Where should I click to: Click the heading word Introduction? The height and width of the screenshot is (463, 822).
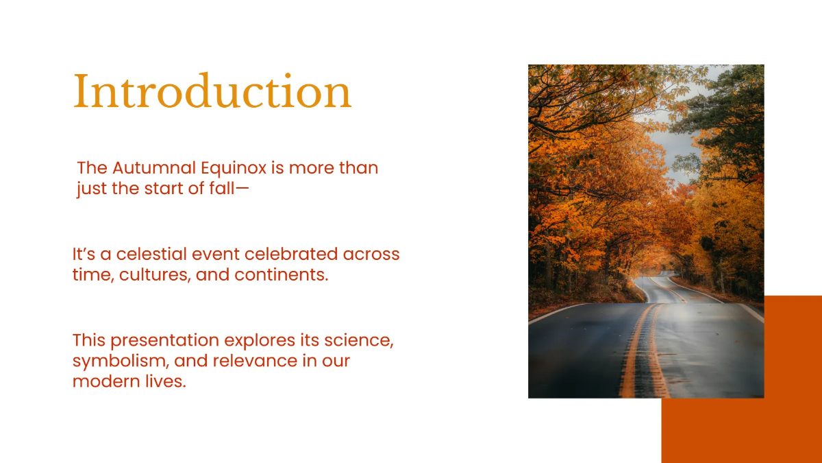coord(212,91)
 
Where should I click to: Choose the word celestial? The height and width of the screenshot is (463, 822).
coord(151,254)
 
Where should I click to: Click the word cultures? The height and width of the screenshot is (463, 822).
coord(155,275)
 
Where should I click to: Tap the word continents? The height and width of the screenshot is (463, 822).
coord(282,275)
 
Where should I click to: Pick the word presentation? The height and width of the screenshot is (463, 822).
coord(165,341)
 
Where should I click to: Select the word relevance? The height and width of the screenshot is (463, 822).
coord(255,361)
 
